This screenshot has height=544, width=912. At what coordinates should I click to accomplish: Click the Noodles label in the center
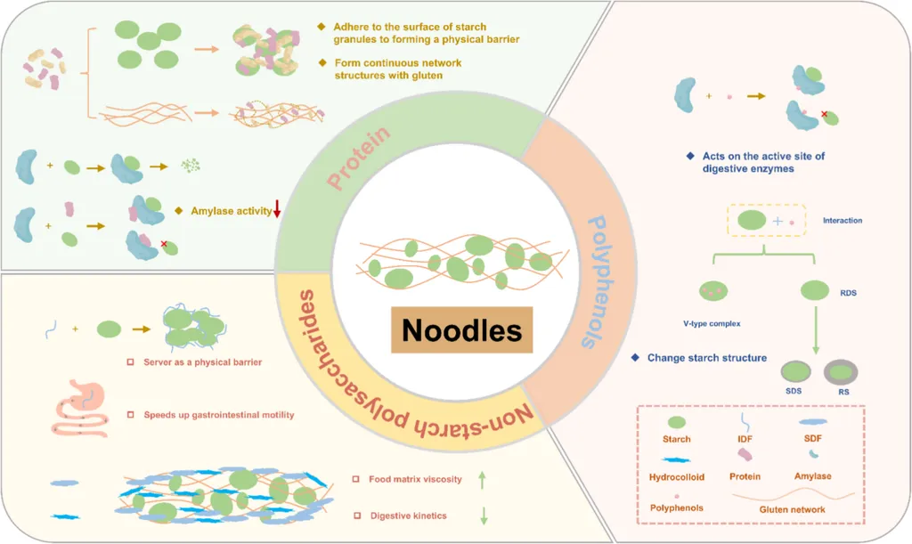(460, 330)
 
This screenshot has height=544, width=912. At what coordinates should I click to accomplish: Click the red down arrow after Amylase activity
(277, 209)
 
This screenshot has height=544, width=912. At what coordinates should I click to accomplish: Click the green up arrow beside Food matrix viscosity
(483, 480)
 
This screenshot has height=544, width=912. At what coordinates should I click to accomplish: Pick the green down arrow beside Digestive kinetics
(483, 516)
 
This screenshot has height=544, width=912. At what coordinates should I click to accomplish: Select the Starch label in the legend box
(676, 439)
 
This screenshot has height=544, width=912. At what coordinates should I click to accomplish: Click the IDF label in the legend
(744, 439)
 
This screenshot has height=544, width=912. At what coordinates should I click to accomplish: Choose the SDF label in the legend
(811, 439)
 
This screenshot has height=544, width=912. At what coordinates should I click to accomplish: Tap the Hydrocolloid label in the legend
(677, 476)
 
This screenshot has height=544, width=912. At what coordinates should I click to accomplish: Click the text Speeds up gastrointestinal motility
(218, 415)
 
